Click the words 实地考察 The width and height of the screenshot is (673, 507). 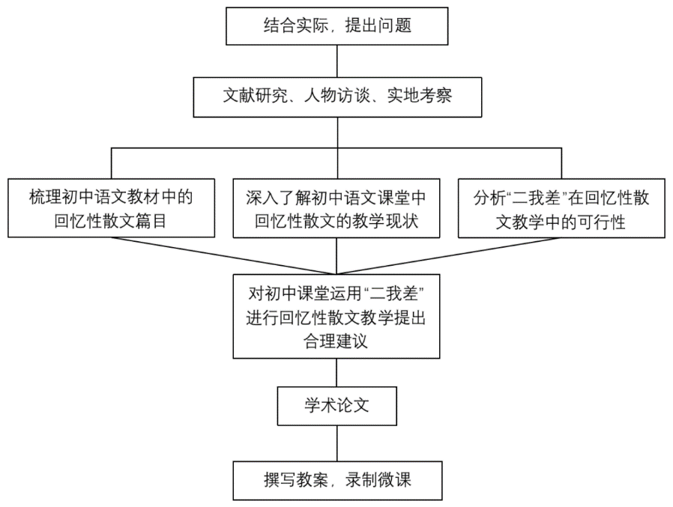click(420, 96)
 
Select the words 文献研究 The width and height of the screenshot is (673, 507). click(255, 96)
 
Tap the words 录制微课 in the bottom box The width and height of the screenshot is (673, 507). click(378, 480)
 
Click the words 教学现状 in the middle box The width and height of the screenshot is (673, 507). click(385, 222)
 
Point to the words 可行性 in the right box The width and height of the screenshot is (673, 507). click(601, 222)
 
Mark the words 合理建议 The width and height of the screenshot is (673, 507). click(336, 341)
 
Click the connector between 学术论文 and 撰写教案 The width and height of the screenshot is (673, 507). click(337, 443)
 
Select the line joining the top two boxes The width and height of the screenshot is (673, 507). click(337, 61)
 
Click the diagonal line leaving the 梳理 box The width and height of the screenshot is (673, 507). click(223, 255)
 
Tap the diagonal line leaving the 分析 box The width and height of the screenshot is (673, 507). click(449, 255)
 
